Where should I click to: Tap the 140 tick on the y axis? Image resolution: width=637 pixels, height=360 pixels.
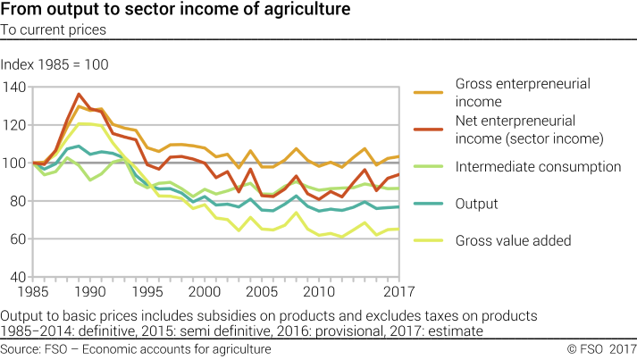tap(15, 87)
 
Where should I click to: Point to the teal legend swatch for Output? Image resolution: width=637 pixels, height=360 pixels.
tap(427, 204)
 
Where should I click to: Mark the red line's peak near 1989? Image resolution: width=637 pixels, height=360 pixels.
tap(80, 94)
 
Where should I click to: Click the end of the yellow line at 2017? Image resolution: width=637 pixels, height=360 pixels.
tap(398, 230)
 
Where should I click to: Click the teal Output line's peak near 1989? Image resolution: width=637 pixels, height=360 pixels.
tap(79, 147)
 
